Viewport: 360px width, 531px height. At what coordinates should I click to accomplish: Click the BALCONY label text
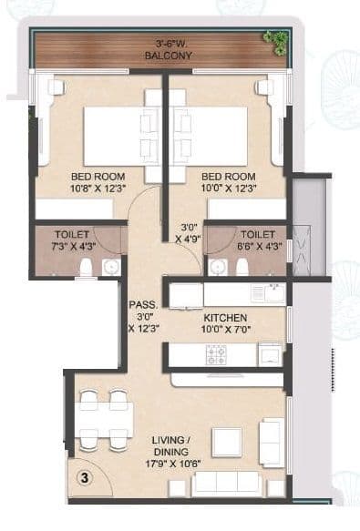164,56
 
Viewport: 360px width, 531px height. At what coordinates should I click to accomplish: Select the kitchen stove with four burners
217,353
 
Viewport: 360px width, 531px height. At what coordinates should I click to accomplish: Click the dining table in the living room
103,419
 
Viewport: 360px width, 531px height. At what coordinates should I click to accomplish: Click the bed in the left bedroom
112,137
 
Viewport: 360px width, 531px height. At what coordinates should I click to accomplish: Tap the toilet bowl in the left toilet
85,266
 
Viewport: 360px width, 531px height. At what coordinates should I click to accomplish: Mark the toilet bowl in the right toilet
242,266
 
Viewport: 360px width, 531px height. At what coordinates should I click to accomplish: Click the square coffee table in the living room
227,441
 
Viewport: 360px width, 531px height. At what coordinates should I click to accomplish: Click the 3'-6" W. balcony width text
164,43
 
